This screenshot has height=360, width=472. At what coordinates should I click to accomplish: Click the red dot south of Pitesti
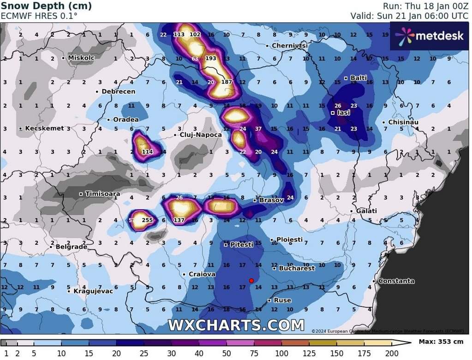point(251,280)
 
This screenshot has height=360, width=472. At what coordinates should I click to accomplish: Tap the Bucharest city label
point(297,268)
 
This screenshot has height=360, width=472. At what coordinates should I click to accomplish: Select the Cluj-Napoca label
point(200,135)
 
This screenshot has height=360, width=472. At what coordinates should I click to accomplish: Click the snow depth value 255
point(147,220)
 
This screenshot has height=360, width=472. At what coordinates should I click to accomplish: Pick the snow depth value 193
point(210,59)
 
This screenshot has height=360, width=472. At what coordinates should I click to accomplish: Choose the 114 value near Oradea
point(147,152)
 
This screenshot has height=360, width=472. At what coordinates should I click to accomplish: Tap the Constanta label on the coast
point(396,281)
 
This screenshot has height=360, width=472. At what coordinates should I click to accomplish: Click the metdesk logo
point(429,35)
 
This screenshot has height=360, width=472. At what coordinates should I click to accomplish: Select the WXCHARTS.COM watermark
point(236,325)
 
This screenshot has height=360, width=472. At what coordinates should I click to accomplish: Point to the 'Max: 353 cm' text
point(441,342)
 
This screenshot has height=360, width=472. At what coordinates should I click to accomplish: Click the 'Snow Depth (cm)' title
point(46,6)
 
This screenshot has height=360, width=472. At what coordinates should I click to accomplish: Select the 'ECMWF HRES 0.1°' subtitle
point(39,16)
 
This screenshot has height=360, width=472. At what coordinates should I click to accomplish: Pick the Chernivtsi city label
point(289,46)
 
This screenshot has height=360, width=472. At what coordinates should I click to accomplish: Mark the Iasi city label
point(344,112)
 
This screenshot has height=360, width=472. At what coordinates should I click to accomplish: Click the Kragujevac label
point(93,291)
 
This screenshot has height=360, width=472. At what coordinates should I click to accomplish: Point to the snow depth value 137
point(179,220)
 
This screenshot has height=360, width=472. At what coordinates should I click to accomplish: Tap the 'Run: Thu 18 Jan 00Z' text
point(425,6)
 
